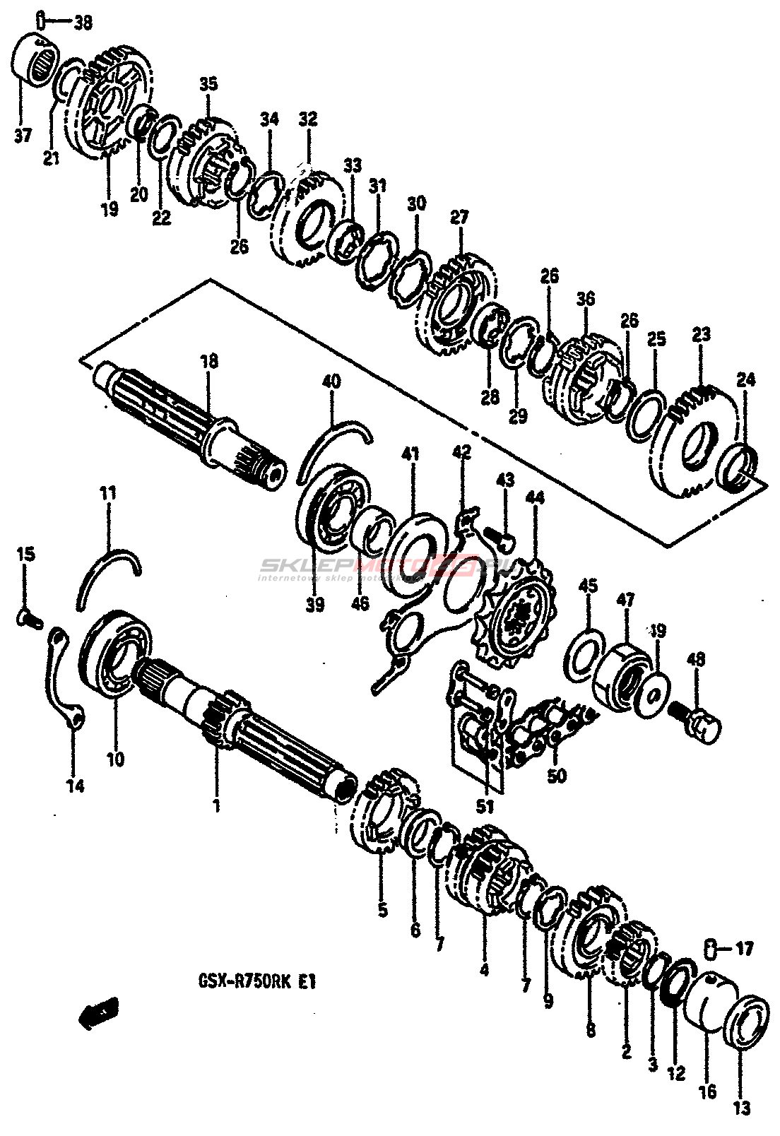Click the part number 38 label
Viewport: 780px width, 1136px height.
click(83, 23)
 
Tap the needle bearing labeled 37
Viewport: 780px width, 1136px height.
click(39, 59)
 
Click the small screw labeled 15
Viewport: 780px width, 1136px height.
click(29, 617)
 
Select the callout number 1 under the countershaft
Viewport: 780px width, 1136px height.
click(217, 805)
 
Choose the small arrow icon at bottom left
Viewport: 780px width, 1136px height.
click(96, 1015)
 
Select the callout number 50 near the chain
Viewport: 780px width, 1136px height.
click(557, 777)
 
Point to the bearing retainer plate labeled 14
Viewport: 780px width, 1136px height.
click(65, 678)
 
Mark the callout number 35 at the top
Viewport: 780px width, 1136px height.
click(208, 85)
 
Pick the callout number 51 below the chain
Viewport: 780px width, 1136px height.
click(485, 805)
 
